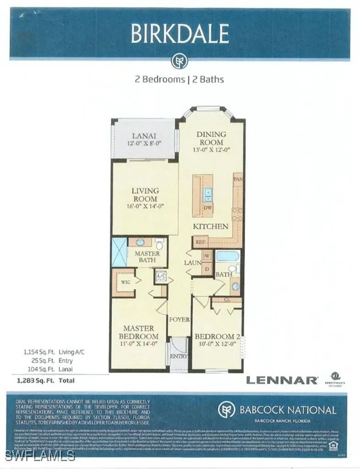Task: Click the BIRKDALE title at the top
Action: [x=180, y=34]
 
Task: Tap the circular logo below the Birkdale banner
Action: [x=178, y=61]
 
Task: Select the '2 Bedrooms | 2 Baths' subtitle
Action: [x=179, y=79]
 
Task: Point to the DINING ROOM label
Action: [x=211, y=138]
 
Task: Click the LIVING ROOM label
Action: [x=145, y=195]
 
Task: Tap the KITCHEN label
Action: [x=210, y=226]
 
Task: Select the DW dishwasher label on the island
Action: [x=207, y=207]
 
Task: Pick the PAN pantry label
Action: [x=238, y=179]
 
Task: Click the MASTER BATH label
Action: [x=147, y=256]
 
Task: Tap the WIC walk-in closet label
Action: [x=126, y=282]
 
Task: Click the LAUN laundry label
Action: [x=191, y=263]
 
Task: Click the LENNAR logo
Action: [x=282, y=380]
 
